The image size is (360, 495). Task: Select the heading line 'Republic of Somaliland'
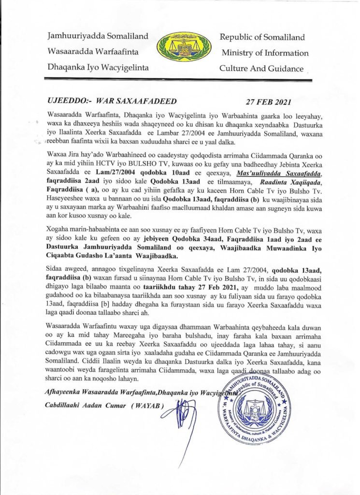tap(262, 37)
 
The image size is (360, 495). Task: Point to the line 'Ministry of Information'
tap(265, 53)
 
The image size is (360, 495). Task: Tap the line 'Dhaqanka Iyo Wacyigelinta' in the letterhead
tap(98, 67)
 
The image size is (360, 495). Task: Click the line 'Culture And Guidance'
tap(261, 68)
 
